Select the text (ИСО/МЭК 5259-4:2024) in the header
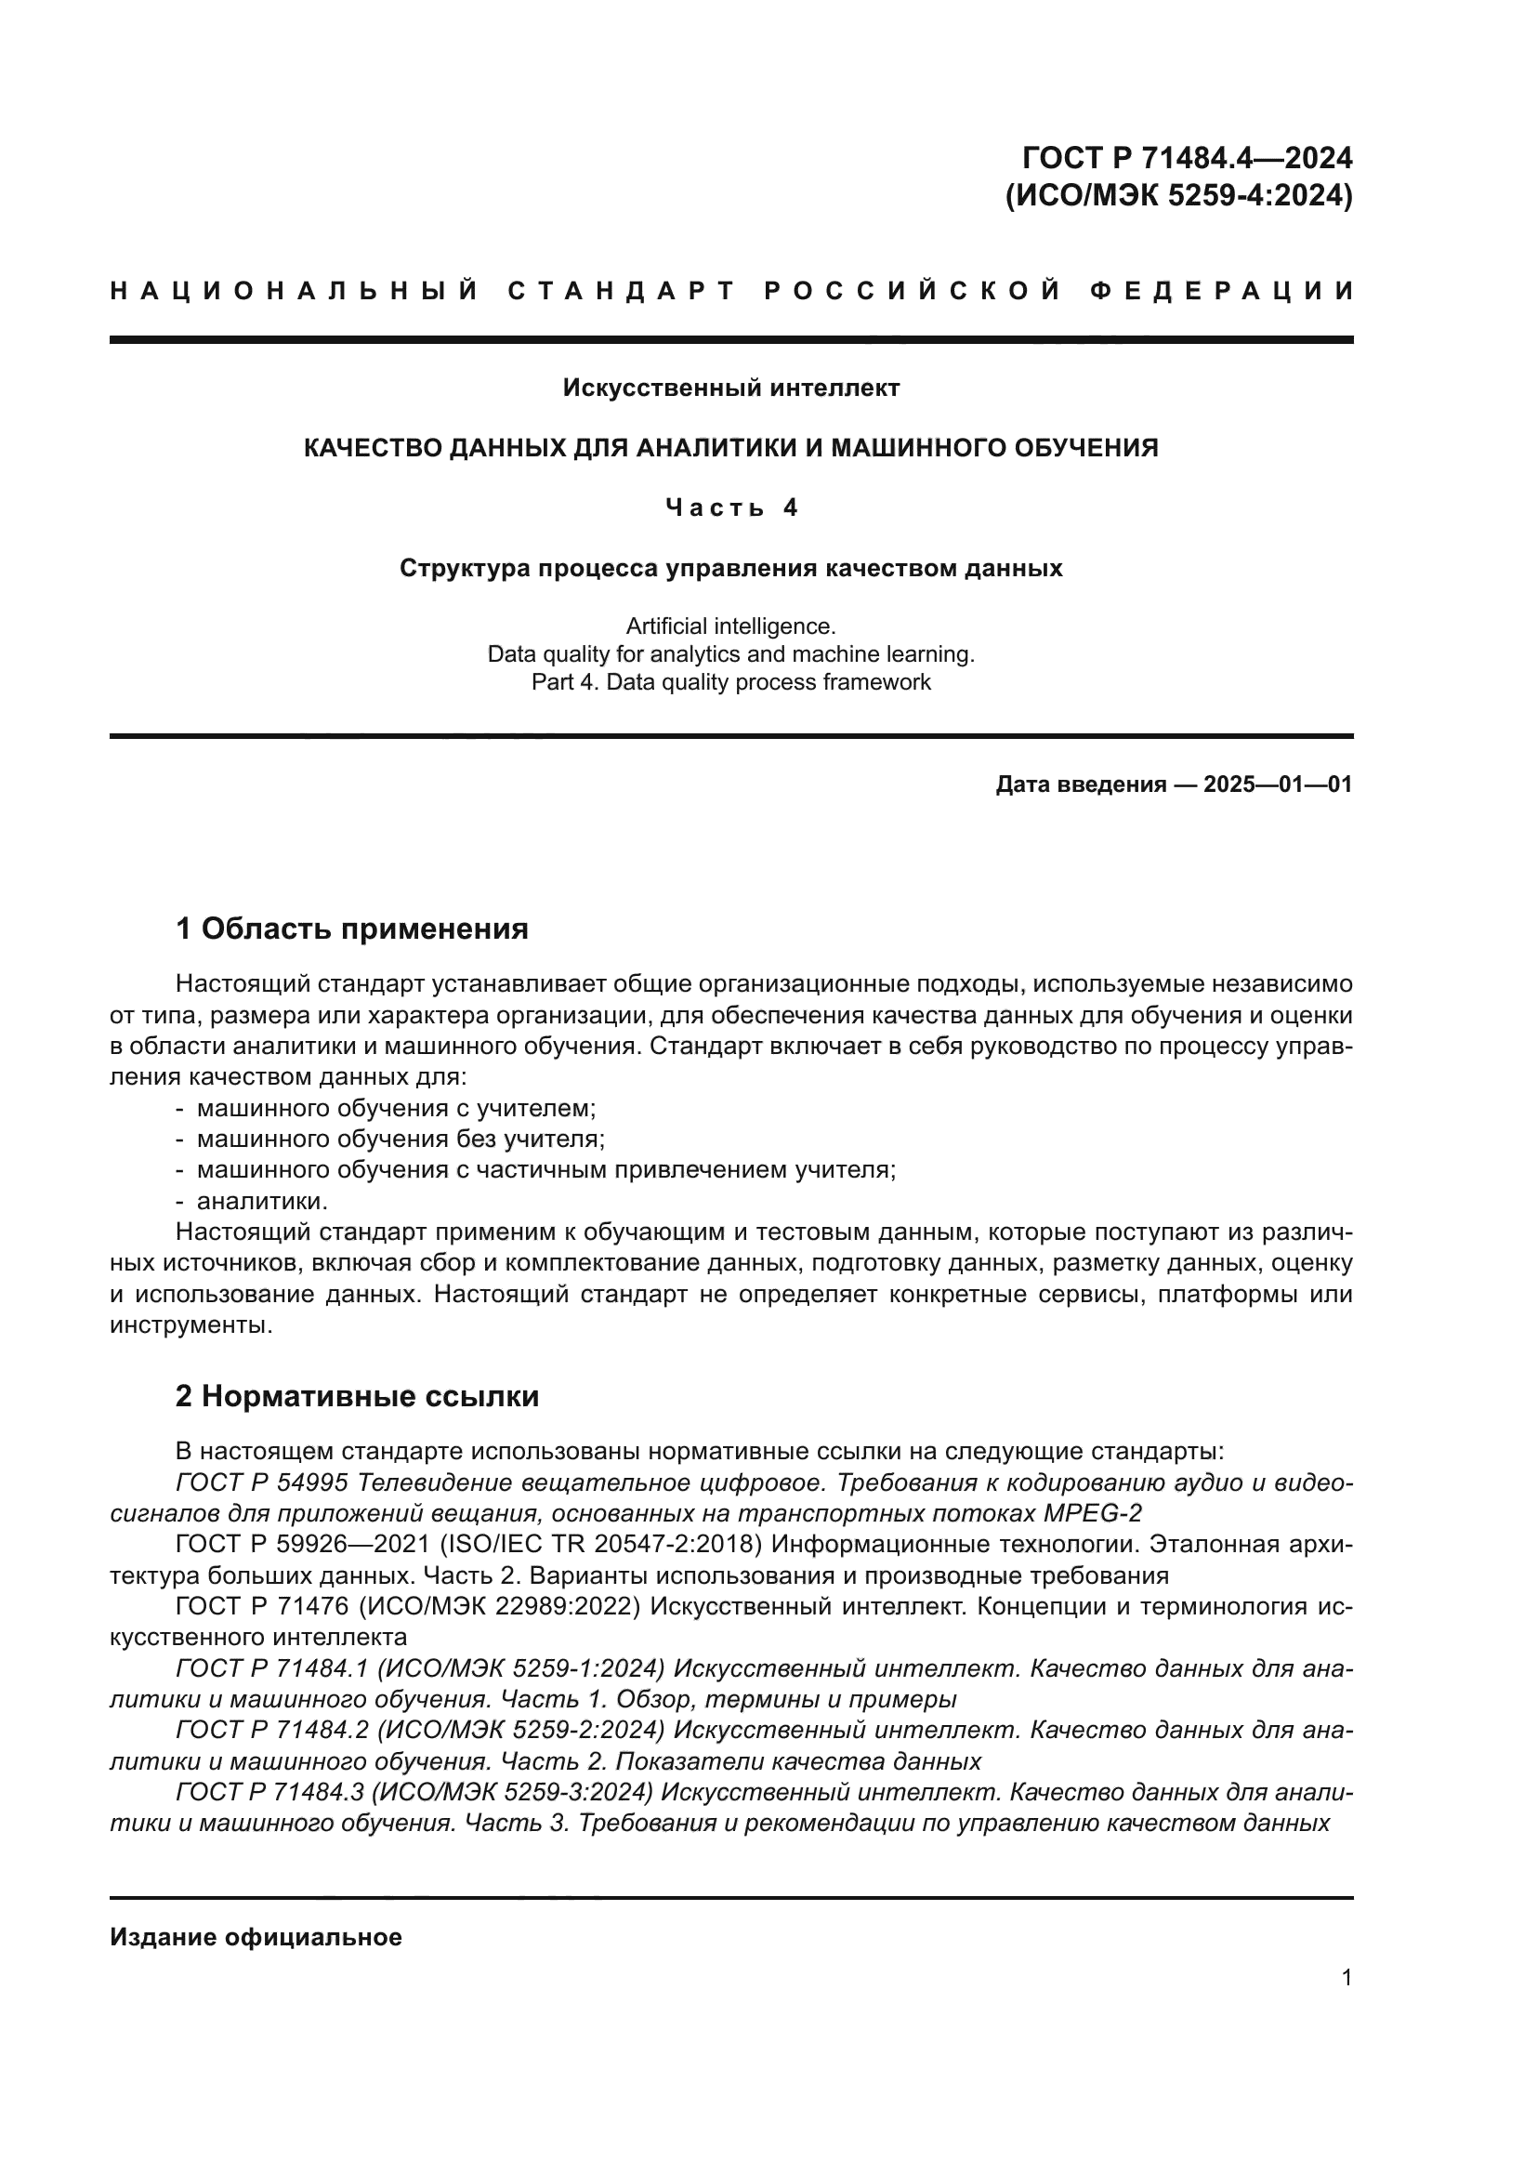[1178, 196]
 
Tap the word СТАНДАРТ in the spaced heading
[620, 291]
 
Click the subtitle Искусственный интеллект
[730, 388]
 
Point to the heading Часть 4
[730, 508]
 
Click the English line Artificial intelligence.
[730, 626]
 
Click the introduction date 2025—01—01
[1277, 784]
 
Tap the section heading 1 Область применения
[351, 929]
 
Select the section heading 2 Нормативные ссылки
[357, 1397]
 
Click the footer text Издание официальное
[256, 1937]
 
